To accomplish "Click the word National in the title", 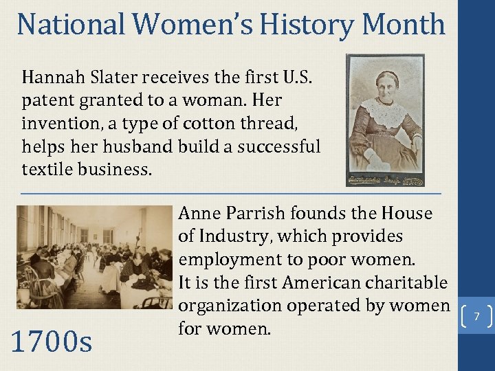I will tap(71, 25).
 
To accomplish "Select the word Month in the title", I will tap(404, 25).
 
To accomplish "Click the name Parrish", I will tap(258, 214).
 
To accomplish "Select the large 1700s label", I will tap(52, 341).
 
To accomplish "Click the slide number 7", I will tap(475, 317).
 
